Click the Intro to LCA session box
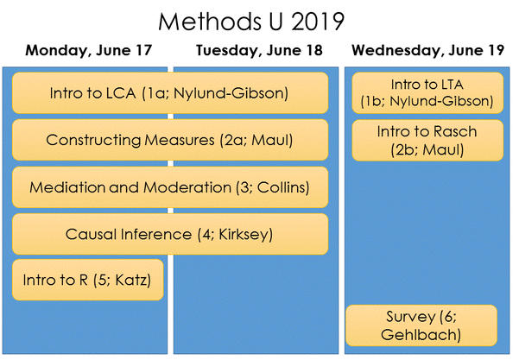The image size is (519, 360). [x=170, y=92]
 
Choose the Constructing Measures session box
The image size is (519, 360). [x=170, y=140]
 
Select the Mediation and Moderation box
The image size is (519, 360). [x=170, y=187]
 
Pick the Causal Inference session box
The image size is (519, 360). [x=170, y=234]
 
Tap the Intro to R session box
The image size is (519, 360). [x=88, y=281]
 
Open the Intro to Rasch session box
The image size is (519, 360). [x=427, y=141]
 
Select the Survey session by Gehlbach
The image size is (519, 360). [x=421, y=325]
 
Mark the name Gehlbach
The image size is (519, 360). [x=421, y=333]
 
